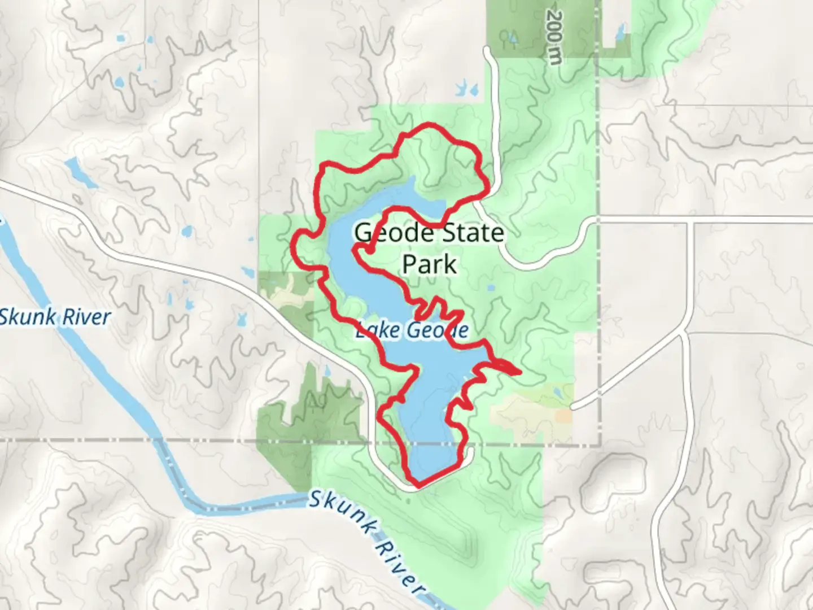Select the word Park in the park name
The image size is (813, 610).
click(430, 264)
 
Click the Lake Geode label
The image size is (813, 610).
click(412, 330)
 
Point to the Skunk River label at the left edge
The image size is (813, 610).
click(55, 317)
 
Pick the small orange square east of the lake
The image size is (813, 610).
click(563, 416)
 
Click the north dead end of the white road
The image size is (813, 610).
click(486, 51)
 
